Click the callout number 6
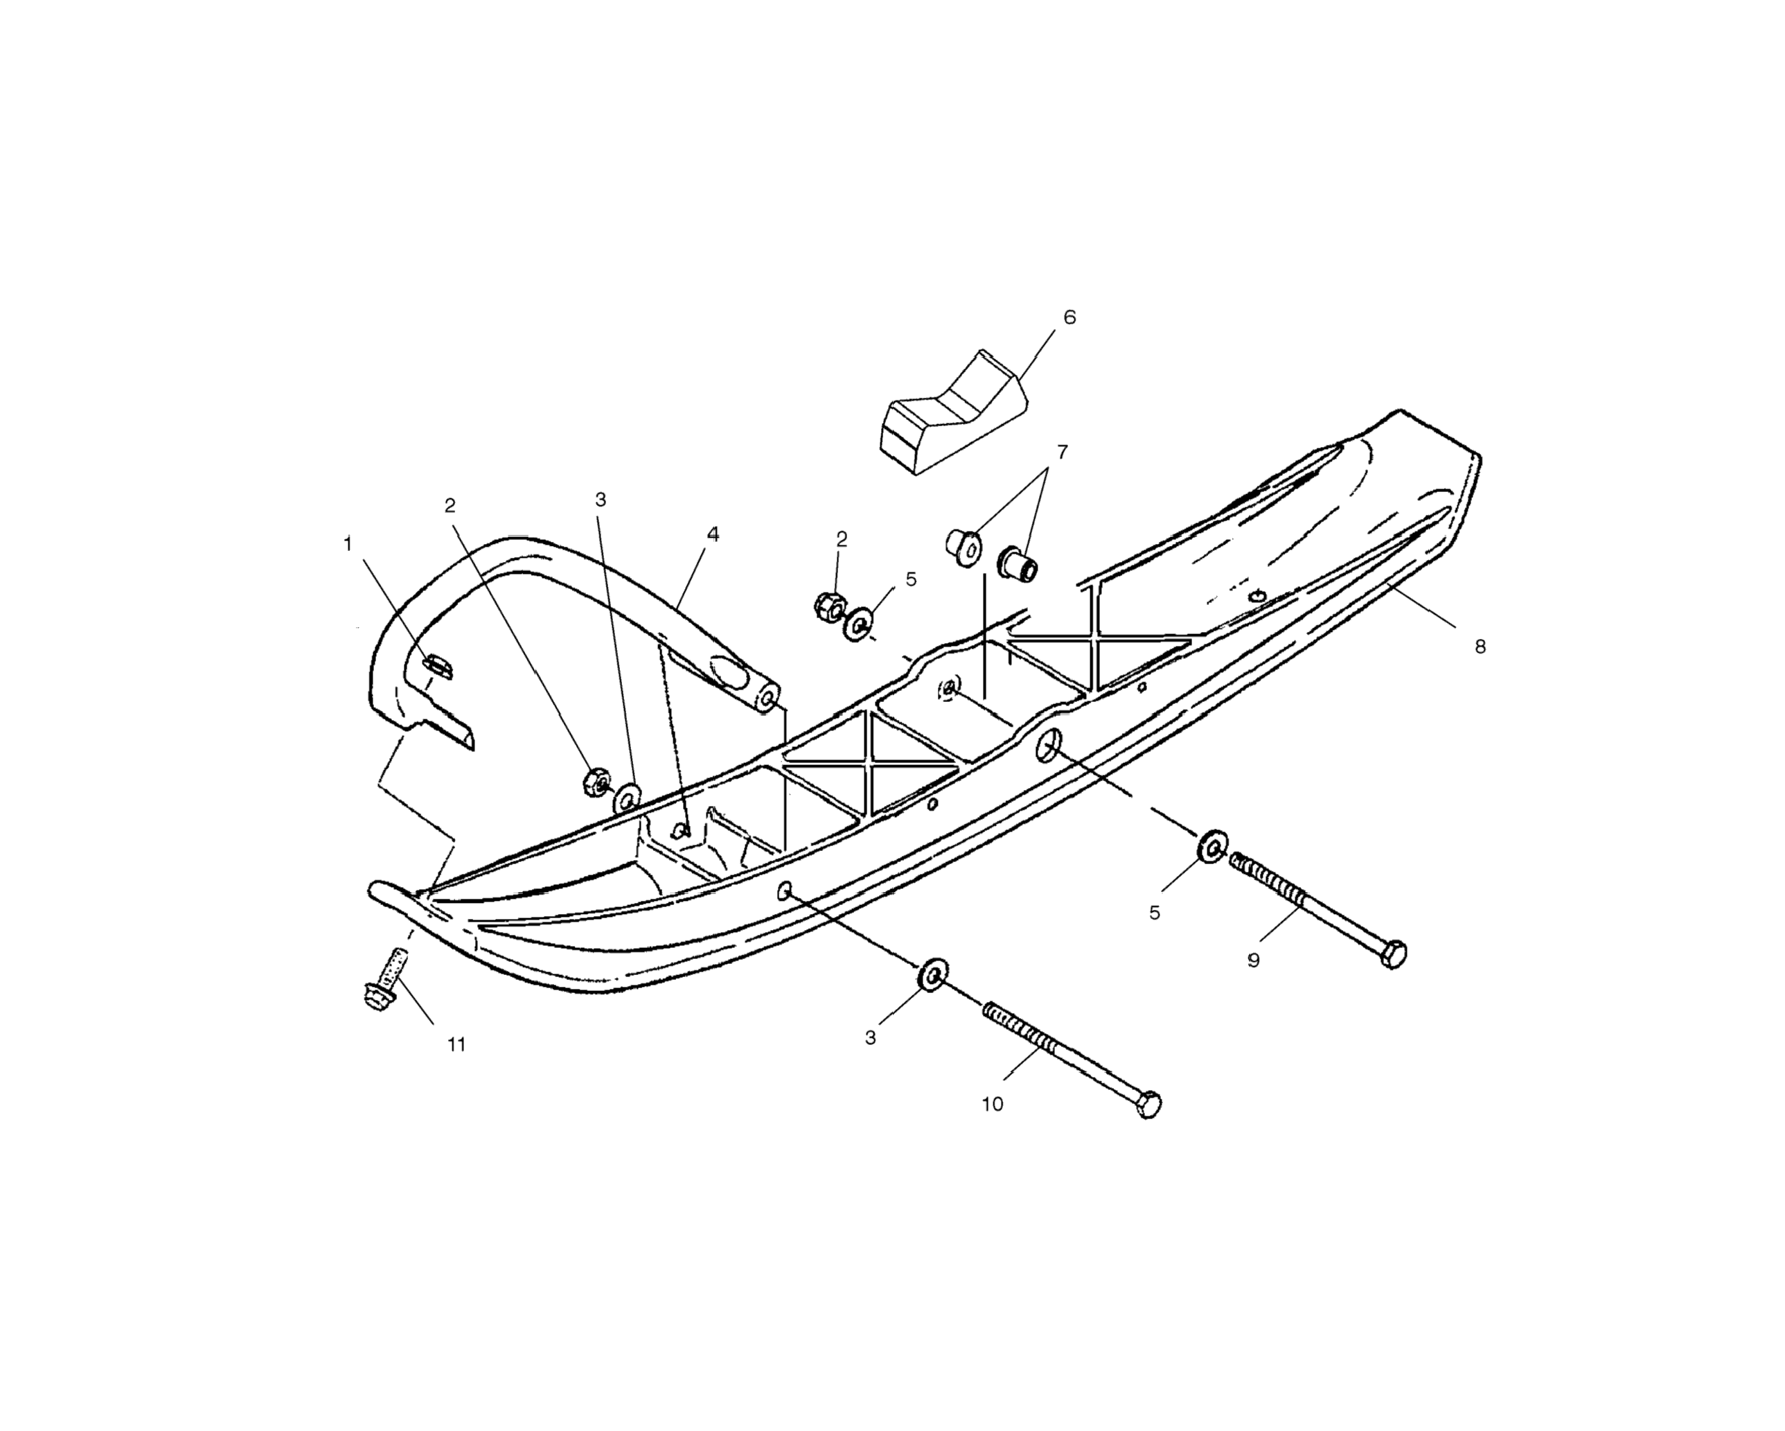click(x=1069, y=318)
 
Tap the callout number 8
click(x=1480, y=647)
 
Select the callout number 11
click(x=456, y=1045)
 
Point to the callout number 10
click(x=992, y=1104)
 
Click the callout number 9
click(x=1254, y=960)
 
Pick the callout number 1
click(x=348, y=544)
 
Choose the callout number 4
click(x=713, y=535)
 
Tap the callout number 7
click(x=1063, y=452)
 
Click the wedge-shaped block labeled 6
click(x=952, y=414)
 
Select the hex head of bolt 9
click(x=1394, y=954)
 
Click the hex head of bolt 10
click(x=1149, y=1105)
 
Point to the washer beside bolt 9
click(x=1213, y=845)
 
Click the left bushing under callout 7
click(x=963, y=547)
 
